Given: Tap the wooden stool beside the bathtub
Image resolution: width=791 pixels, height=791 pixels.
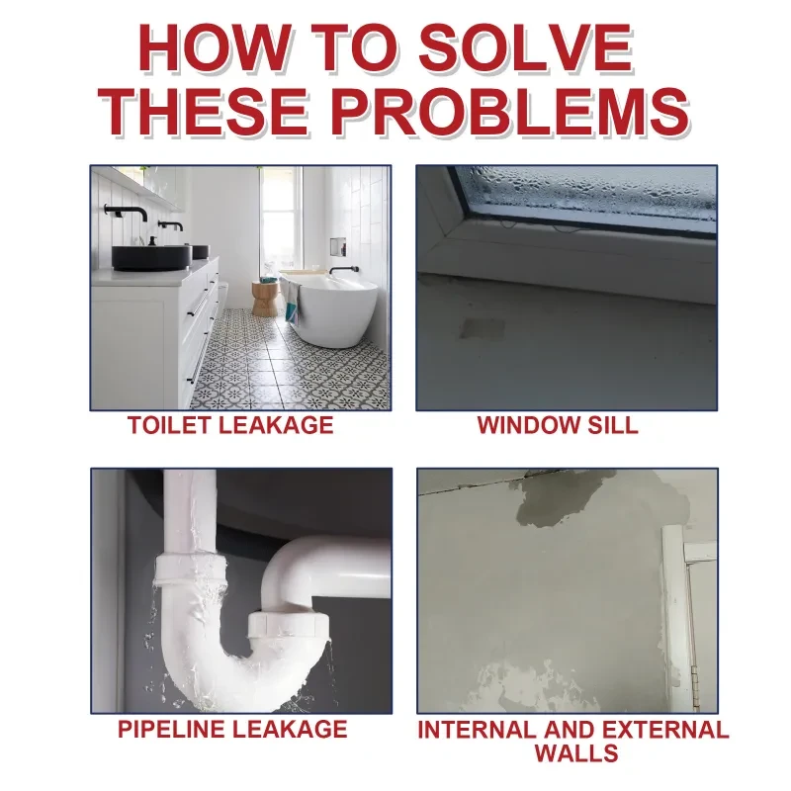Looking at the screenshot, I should pyautogui.click(x=264, y=297).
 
